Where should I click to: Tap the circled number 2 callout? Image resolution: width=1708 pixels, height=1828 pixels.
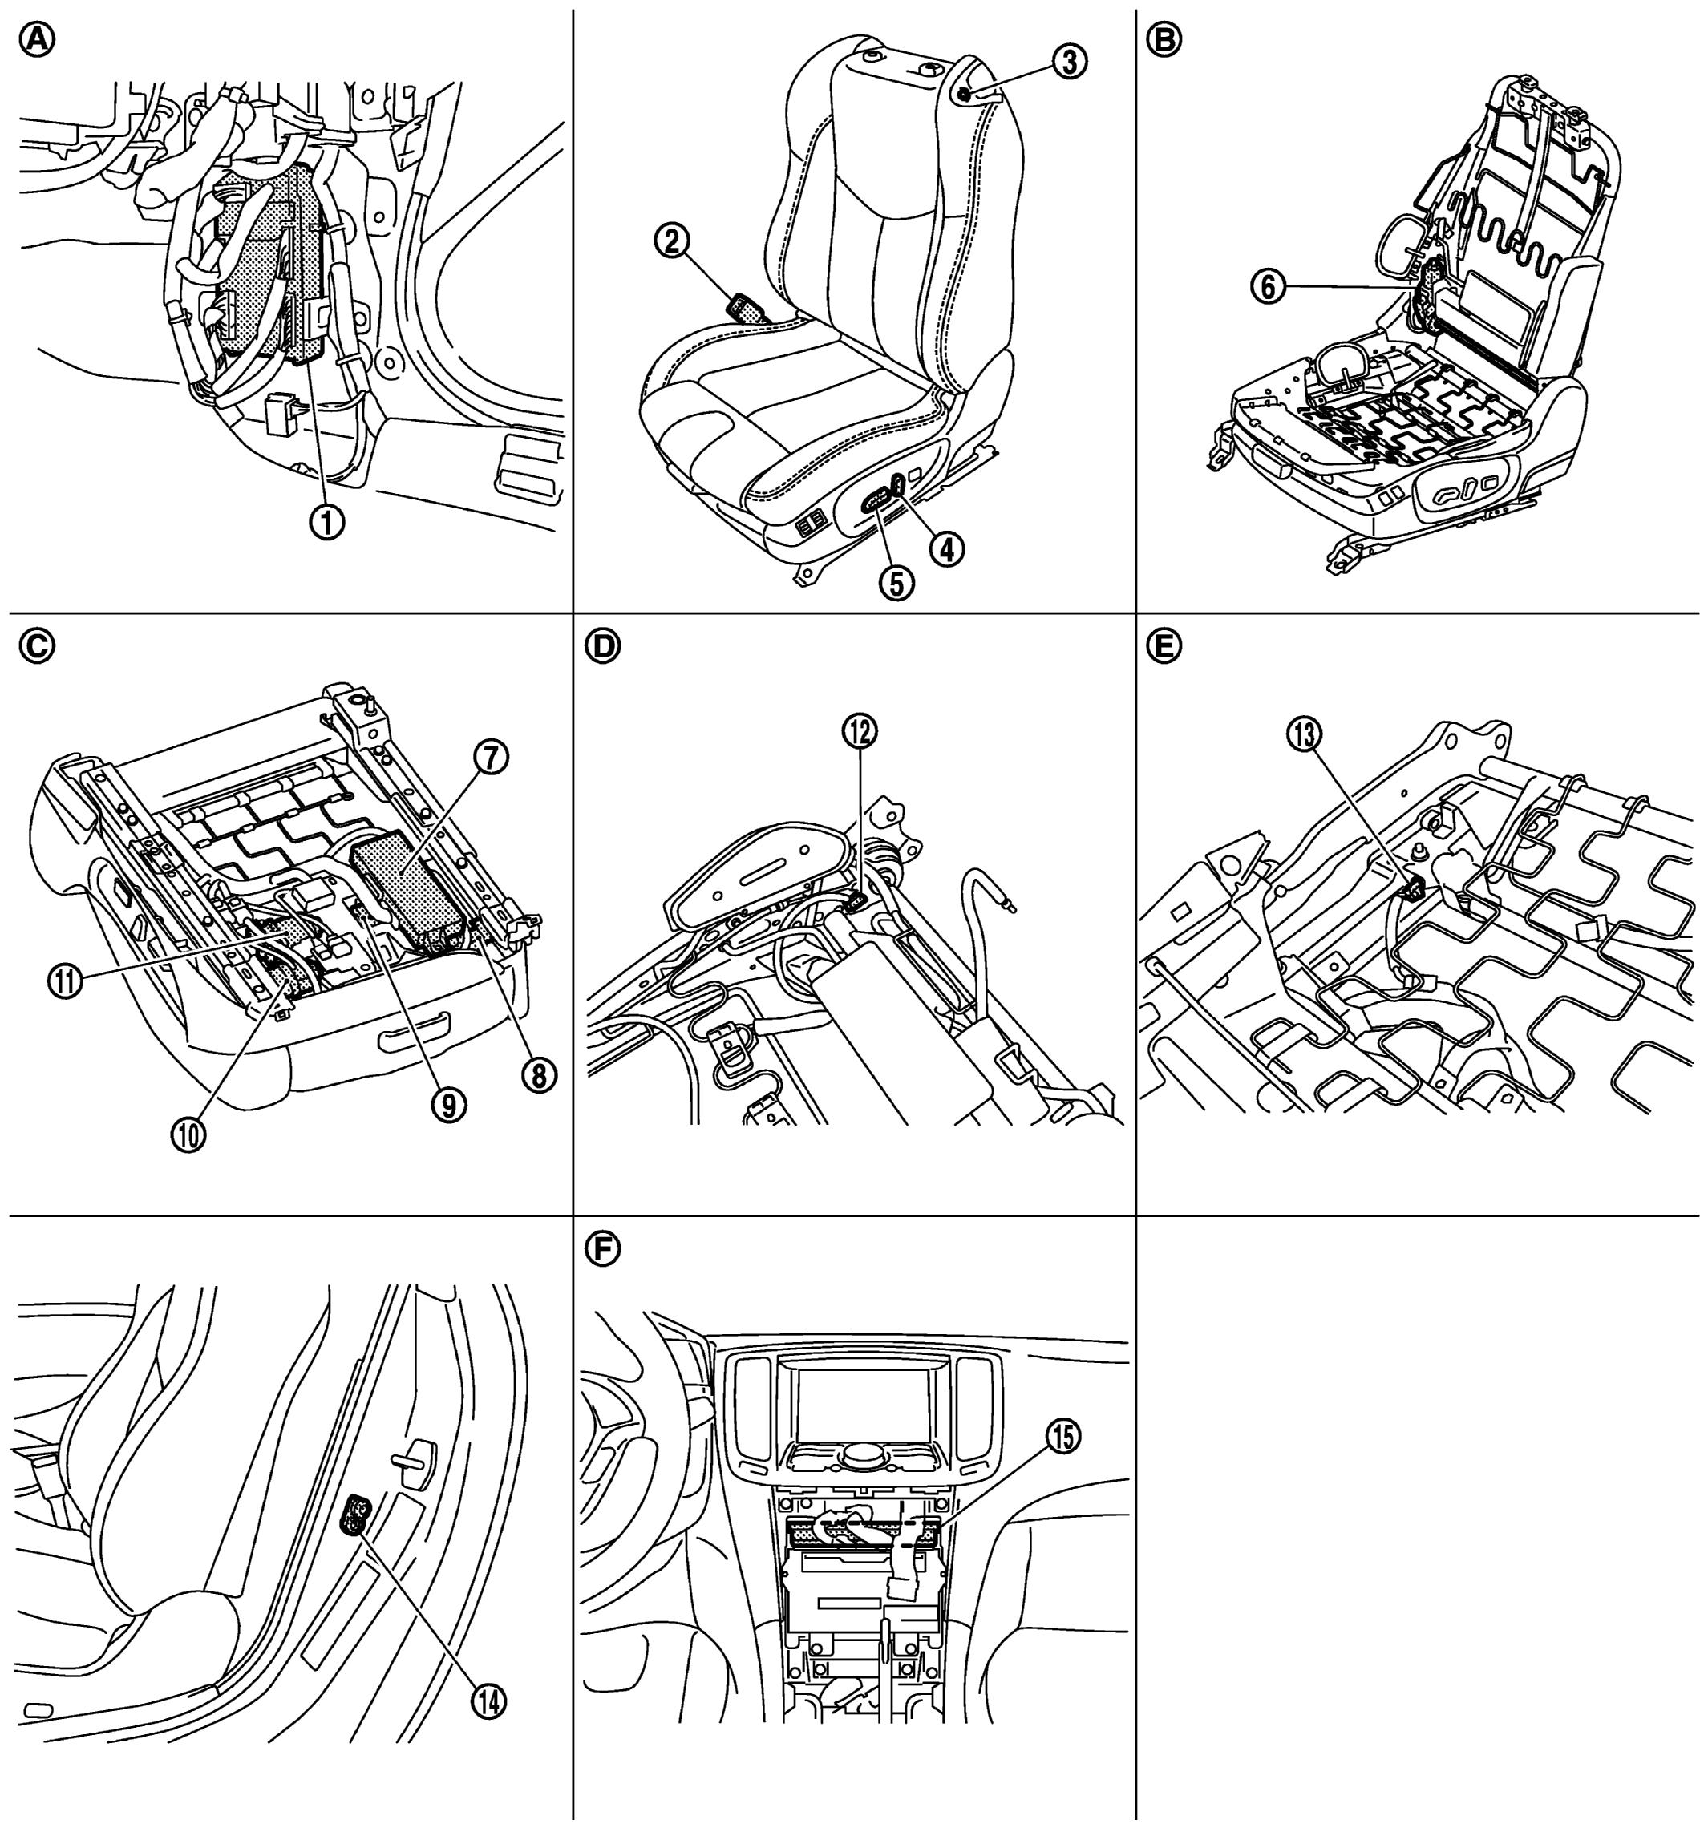pos(670,243)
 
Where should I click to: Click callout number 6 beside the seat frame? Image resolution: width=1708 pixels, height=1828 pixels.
pos(1266,288)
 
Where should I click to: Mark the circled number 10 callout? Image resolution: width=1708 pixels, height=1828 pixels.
pos(188,1134)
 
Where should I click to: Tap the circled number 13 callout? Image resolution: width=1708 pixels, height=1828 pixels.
pos(1304,734)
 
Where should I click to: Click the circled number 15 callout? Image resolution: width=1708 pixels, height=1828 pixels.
pos(1062,1436)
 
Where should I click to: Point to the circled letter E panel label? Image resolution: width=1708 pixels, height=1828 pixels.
pos(1164,646)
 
